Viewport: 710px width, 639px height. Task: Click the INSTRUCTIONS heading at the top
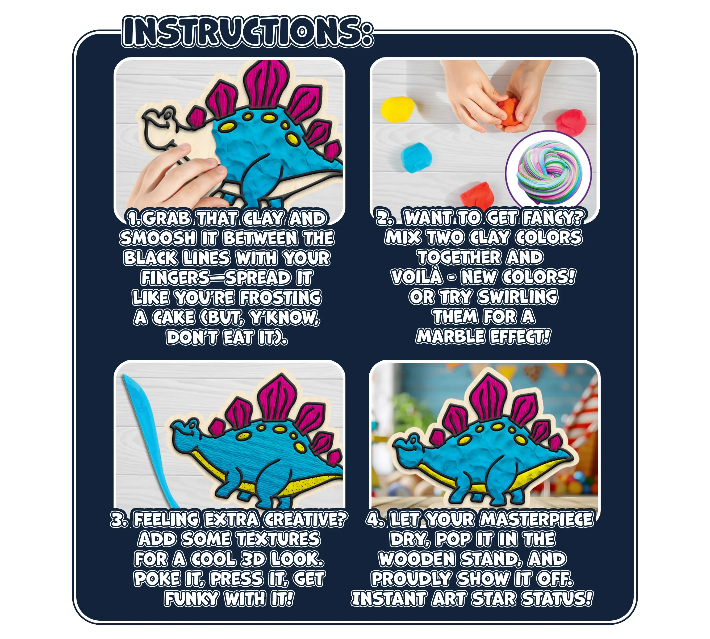[x=248, y=32]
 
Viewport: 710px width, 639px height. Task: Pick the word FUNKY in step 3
[x=191, y=598]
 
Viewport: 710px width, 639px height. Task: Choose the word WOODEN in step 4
[x=417, y=559]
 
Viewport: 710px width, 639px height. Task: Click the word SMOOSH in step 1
[x=158, y=238]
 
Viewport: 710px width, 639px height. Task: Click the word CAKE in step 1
[x=173, y=318]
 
